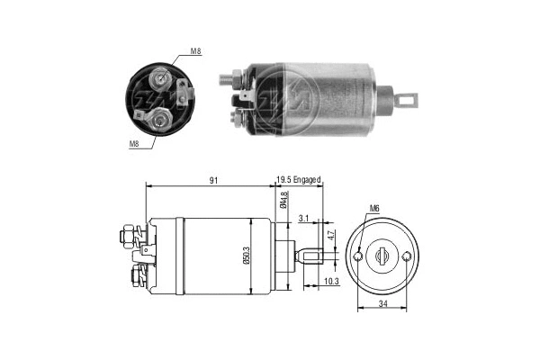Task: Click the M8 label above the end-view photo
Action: (x=197, y=53)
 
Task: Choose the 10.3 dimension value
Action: (x=330, y=281)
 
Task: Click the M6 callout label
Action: (x=374, y=212)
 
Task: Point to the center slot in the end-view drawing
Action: (x=383, y=256)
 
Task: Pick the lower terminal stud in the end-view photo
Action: (x=161, y=115)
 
